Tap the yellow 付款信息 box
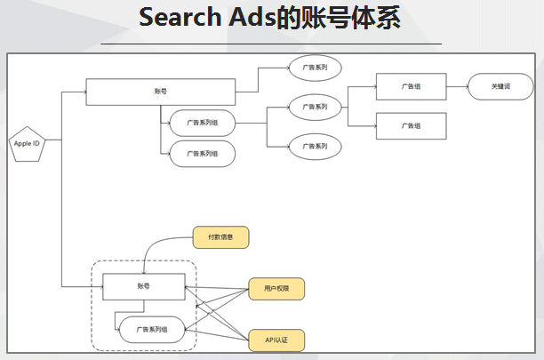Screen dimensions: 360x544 [x=220, y=237]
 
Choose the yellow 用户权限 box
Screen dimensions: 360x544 [x=276, y=289]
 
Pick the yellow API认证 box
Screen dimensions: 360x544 [x=276, y=339]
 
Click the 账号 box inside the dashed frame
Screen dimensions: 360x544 [x=143, y=286]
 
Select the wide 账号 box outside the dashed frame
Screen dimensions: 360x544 [x=160, y=92]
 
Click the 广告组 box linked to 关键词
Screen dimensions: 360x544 [x=411, y=87]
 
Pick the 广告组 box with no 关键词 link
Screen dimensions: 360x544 [x=411, y=126]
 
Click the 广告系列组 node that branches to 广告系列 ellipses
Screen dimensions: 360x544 [x=202, y=122]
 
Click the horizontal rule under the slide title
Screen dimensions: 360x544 [x=271, y=43]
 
